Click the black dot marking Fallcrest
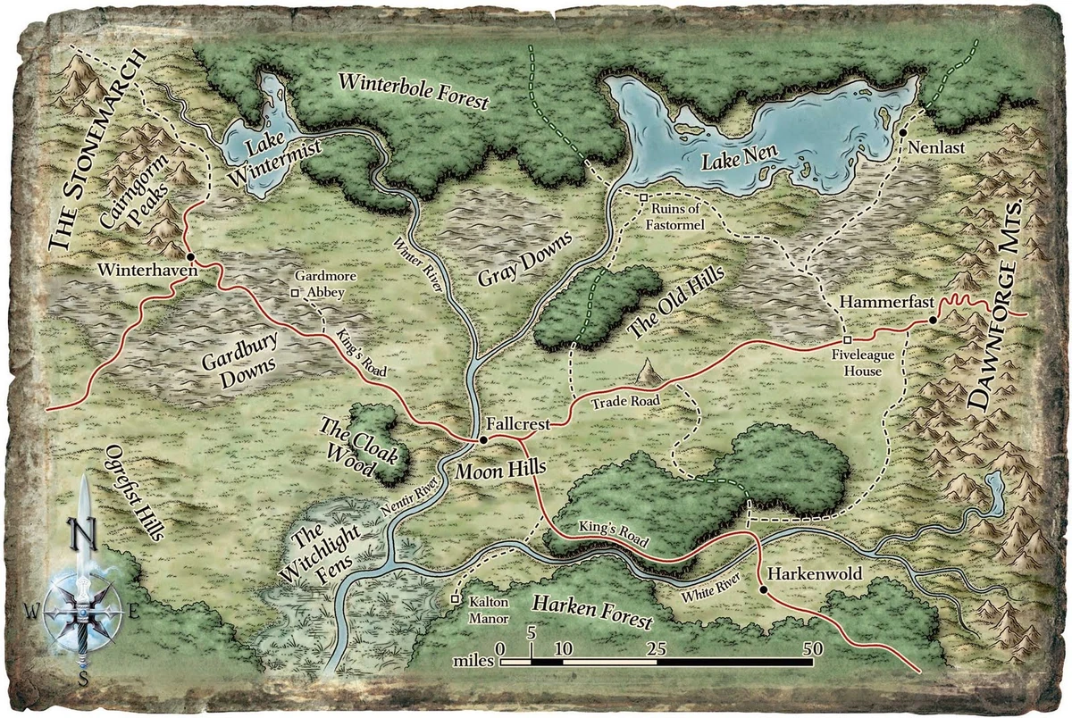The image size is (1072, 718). point(482,440)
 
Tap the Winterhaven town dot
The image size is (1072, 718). point(191,255)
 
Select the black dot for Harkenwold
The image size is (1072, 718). point(762,589)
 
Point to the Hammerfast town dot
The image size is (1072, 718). point(932,319)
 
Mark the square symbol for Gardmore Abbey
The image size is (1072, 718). point(295,291)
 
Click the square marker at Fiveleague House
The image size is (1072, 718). point(847,339)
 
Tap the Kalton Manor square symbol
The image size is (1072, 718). point(456,599)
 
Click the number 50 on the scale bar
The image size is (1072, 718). point(812,649)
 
